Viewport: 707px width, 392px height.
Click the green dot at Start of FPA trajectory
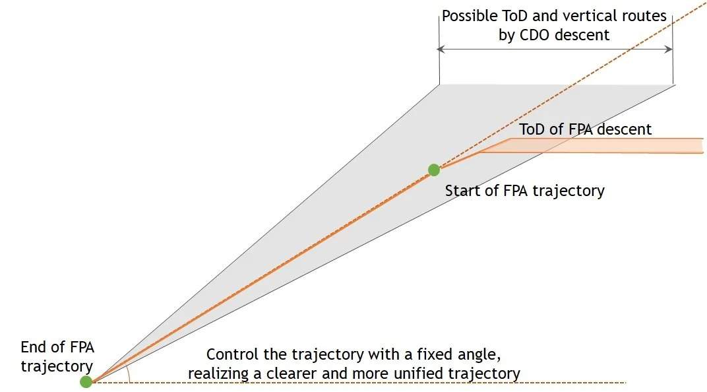(x=434, y=170)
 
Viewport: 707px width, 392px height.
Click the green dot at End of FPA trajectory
(x=86, y=381)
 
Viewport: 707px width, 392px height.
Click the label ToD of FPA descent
(x=585, y=129)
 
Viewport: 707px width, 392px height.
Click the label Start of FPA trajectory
(x=524, y=191)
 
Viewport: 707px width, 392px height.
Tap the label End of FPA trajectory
(x=57, y=356)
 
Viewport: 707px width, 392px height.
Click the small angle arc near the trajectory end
(x=130, y=375)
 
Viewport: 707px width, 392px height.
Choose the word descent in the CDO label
(x=582, y=34)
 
